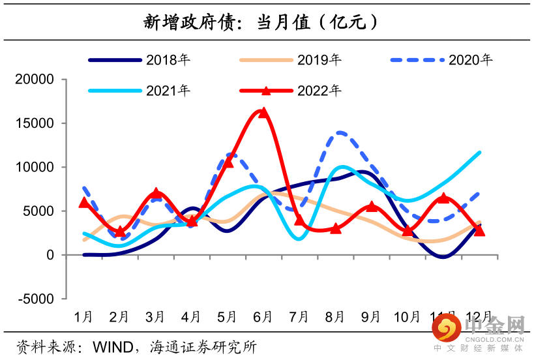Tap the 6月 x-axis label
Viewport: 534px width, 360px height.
click(x=263, y=317)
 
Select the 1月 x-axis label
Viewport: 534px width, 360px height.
click(x=83, y=317)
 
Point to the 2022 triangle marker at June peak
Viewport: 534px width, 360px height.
click(x=263, y=113)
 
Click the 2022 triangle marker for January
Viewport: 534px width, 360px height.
click(x=83, y=203)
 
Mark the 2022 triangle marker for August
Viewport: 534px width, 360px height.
click(x=335, y=228)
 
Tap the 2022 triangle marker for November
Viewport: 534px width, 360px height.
click(x=443, y=198)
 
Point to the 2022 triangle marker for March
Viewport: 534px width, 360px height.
click(x=156, y=194)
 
